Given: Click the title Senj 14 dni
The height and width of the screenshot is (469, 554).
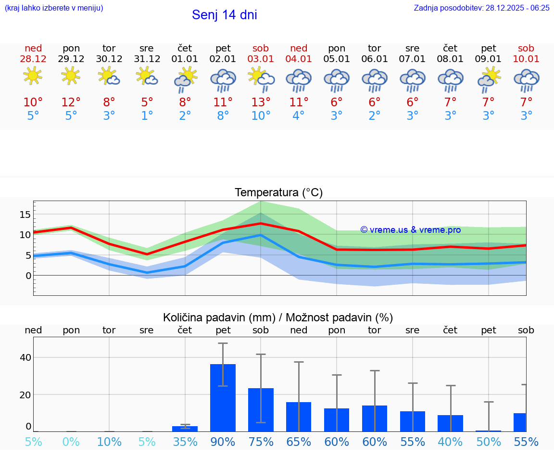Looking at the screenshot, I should (x=224, y=15).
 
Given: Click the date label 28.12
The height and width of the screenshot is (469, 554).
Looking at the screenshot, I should (x=33, y=59).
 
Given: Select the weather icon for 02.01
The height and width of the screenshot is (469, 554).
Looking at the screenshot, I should (x=223, y=80).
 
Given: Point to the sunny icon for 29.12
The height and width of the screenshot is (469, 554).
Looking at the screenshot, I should (x=71, y=76).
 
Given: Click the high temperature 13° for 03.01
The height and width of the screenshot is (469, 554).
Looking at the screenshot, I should (x=261, y=102).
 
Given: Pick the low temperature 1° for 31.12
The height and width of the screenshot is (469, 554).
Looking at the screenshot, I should (x=147, y=116).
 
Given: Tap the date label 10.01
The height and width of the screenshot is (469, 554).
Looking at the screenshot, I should (x=526, y=59).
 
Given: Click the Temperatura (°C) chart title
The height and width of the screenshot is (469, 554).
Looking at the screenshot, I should (x=278, y=193).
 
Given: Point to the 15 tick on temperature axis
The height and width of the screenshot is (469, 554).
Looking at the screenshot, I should (x=25, y=214).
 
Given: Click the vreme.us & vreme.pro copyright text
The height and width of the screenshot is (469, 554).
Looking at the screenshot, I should (x=411, y=230).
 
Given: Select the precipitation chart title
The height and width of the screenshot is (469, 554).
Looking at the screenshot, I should (x=277, y=317).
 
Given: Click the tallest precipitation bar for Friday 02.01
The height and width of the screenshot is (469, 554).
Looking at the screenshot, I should (x=223, y=398).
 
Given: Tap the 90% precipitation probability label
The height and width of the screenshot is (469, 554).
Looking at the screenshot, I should (x=223, y=442).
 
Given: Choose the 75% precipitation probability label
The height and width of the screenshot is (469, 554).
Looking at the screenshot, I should (x=261, y=442).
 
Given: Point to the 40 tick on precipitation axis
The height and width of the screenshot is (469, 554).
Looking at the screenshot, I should (x=25, y=357).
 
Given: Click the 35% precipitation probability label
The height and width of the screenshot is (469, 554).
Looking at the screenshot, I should (x=185, y=442).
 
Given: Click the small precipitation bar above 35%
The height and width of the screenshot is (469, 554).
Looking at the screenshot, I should (x=185, y=428).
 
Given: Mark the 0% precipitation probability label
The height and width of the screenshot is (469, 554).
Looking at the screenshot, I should (x=71, y=442).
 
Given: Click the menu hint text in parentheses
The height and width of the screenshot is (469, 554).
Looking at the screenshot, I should (x=53, y=8).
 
